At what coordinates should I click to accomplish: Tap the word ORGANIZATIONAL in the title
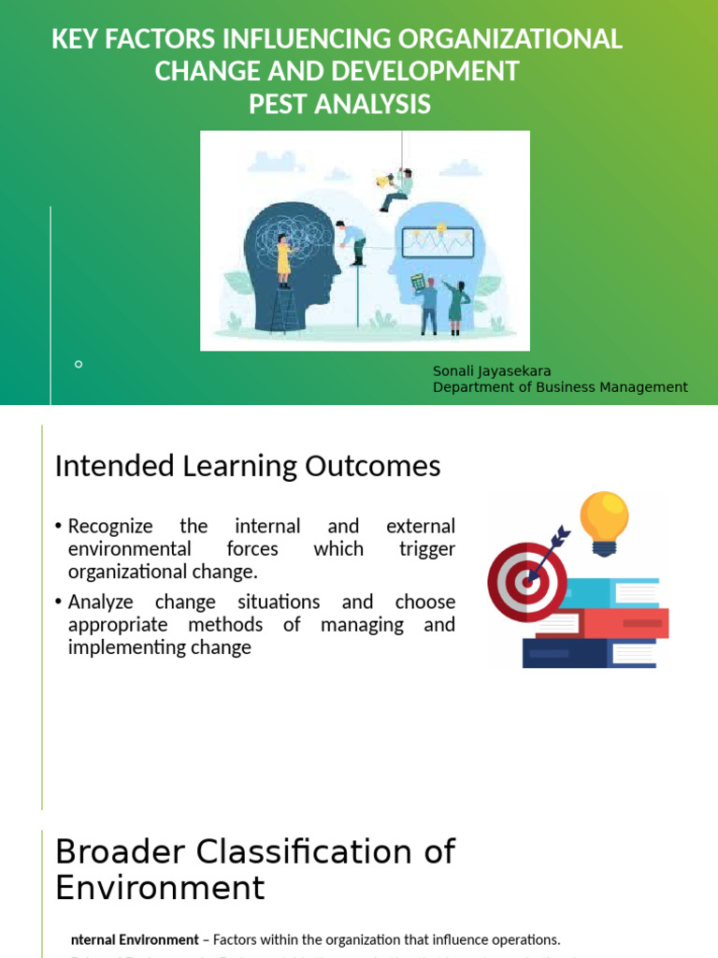(509, 39)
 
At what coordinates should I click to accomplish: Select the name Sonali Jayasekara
(492, 371)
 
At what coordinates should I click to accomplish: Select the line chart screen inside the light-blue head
(438, 242)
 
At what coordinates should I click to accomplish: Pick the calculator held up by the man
(418, 282)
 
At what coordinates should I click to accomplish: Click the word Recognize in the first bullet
(110, 527)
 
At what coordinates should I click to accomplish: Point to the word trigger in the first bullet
(426, 549)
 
